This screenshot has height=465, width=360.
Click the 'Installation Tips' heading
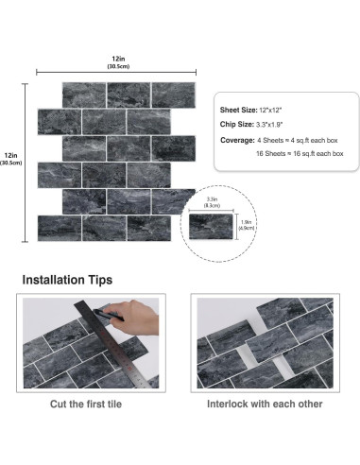(x=67, y=280)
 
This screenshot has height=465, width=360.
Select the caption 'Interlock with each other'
(x=265, y=405)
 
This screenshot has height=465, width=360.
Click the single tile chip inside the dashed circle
(x=214, y=225)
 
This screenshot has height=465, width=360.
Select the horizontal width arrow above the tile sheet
(x=116, y=72)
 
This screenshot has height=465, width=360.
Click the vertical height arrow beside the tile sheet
(x=26, y=161)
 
